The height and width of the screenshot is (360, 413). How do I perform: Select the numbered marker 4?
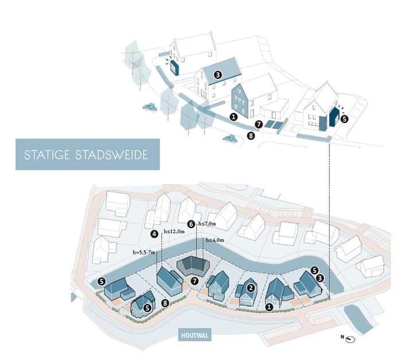(x=155, y=234)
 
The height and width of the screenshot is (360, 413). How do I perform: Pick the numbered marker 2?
(x=251, y=287)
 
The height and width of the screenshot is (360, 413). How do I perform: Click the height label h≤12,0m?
(x=174, y=231)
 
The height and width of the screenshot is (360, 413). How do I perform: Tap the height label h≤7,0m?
(x=206, y=223)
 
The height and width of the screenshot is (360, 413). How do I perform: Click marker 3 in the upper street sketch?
(x=218, y=75)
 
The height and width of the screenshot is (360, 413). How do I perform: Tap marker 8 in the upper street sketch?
(x=250, y=136)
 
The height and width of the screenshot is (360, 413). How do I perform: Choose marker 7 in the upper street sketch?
(x=259, y=124)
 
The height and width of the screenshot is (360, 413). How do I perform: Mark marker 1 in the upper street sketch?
(x=233, y=117)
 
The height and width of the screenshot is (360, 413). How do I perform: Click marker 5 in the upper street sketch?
(x=344, y=119)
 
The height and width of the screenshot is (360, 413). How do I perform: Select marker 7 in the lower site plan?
(x=195, y=281)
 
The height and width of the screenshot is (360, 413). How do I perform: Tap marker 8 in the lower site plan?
(x=165, y=303)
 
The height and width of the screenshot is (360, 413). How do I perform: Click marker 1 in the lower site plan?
(x=270, y=307)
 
